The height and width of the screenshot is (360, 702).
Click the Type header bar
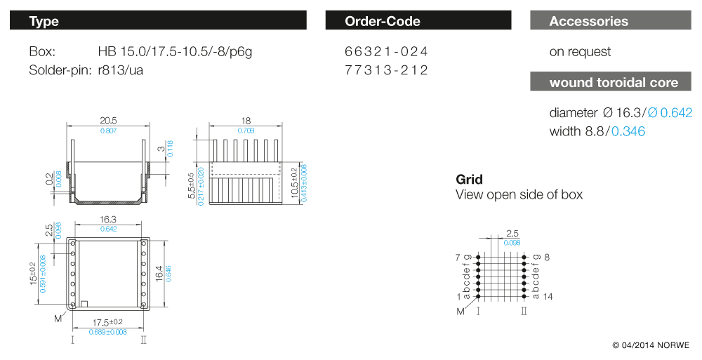pos(158,21)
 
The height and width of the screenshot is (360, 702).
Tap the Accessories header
pos(609,21)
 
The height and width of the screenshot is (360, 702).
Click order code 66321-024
pos(386,52)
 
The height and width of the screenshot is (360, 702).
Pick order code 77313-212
pos(386,70)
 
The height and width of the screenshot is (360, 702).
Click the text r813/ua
pos(121,70)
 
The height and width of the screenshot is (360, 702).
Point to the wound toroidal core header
pos(614,82)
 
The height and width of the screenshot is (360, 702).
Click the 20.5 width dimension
pos(108,121)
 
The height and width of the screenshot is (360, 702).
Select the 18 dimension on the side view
pos(246,121)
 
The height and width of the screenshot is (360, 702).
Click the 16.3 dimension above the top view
pos(108,220)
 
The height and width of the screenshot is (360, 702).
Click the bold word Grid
pos(470,180)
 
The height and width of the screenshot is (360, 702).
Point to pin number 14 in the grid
pos(548,297)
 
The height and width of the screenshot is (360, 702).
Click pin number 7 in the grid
pos(458,258)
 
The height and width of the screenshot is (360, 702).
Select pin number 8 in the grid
pos(547,258)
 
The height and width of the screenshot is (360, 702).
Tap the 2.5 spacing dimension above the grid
pos(512,233)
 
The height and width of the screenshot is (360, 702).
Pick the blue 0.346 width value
pos(628,131)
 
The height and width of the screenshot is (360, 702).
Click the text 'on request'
pos(580,52)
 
